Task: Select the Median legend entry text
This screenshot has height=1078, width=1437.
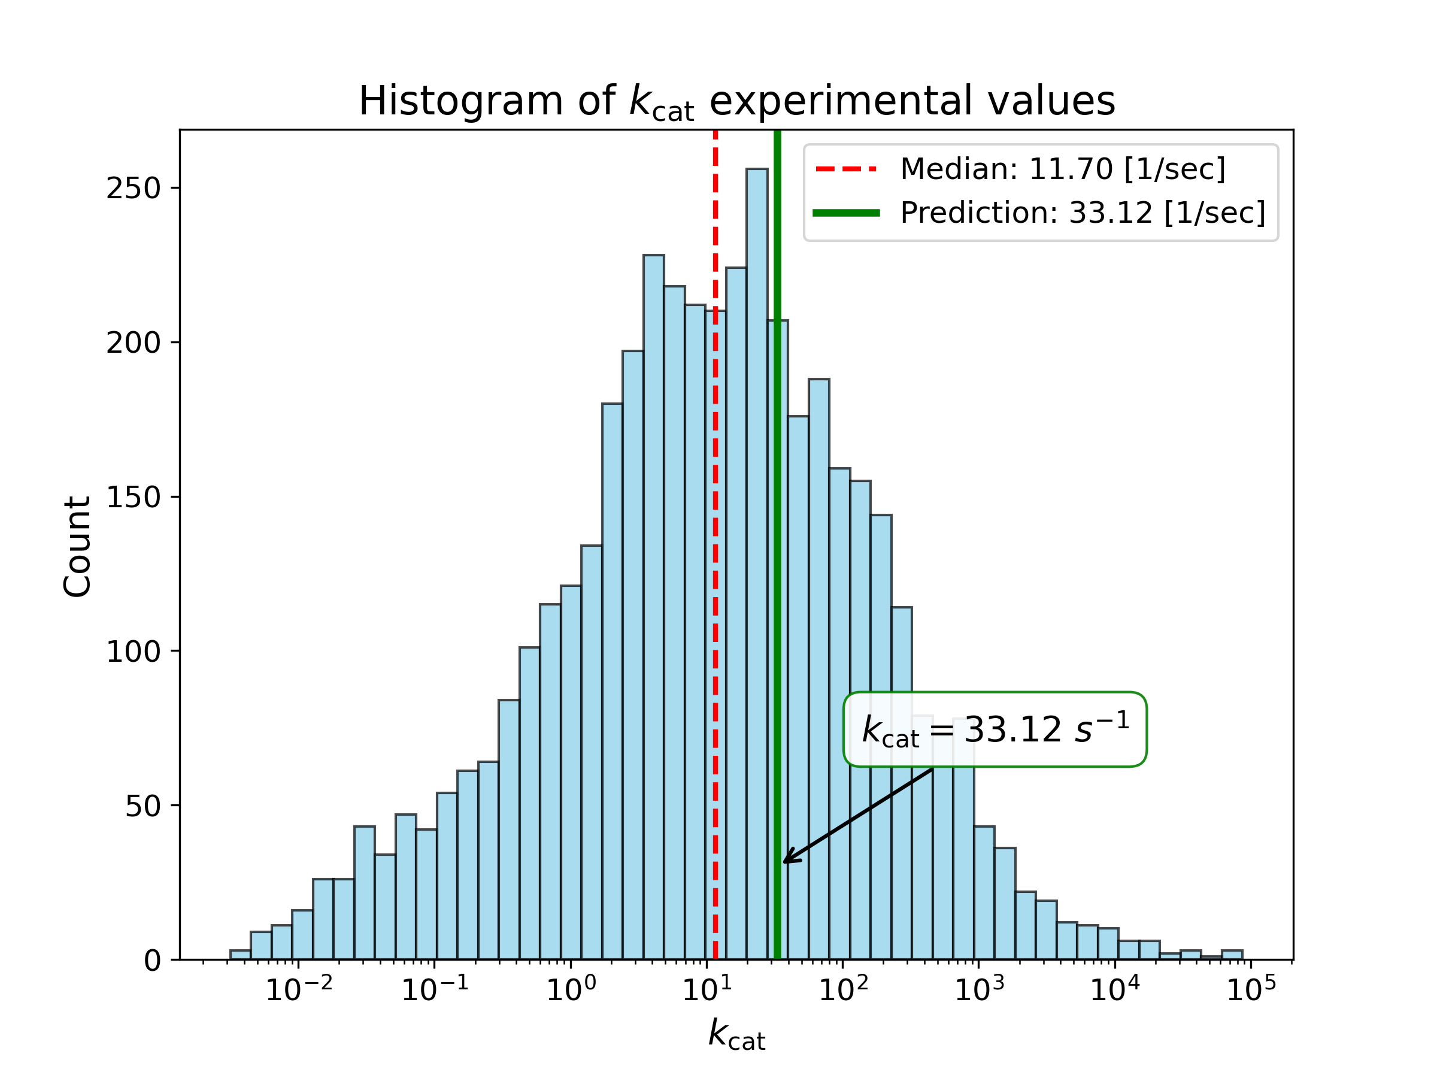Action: [x=1062, y=169]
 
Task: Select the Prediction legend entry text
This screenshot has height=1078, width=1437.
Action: [x=1083, y=213]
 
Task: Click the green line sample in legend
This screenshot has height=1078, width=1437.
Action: [x=846, y=213]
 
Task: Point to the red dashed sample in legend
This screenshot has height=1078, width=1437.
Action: [x=846, y=169]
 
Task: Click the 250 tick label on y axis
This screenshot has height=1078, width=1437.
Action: [x=133, y=189]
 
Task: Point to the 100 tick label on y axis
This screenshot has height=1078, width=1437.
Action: [x=133, y=652]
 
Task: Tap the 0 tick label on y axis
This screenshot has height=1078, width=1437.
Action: [x=152, y=961]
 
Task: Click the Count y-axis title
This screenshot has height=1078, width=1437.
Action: [x=77, y=546]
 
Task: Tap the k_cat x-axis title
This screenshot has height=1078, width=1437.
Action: [x=736, y=1034]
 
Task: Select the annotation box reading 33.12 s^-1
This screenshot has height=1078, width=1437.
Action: [x=995, y=729]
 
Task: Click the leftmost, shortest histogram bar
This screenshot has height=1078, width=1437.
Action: [x=239, y=955]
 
